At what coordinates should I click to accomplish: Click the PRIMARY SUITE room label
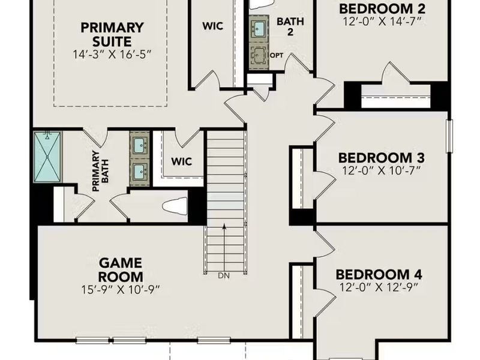pyautogui.click(x=113, y=35)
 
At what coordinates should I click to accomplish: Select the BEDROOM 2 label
pyautogui.click(x=382, y=9)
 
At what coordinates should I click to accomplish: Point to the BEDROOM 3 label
pyautogui.click(x=382, y=158)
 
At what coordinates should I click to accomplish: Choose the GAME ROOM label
pyautogui.click(x=121, y=270)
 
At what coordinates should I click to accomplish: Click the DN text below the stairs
pyautogui.click(x=224, y=277)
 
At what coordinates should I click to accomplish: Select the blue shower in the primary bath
pyautogui.click(x=47, y=156)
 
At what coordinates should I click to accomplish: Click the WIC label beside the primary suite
pyautogui.click(x=214, y=27)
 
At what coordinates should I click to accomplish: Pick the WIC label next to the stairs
pyautogui.click(x=181, y=161)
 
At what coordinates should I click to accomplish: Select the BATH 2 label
pyautogui.click(x=290, y=26)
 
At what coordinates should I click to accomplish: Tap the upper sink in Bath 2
pyautogui.click(x=259, y=28)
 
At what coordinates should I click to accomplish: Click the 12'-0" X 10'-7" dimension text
pyautogui.click(x=382, y=170)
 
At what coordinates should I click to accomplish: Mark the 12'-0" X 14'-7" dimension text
pyautogui.click(x=382, y=22)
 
